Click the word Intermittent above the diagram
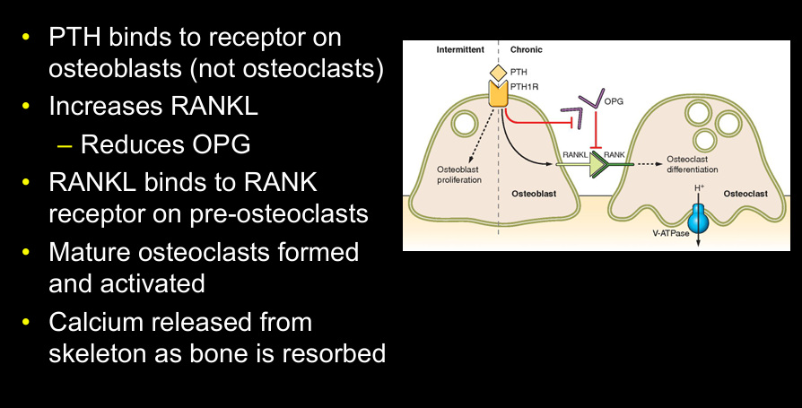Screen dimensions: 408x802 (458, 50)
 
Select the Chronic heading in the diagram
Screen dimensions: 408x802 (526, 50)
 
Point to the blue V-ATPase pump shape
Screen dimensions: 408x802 (697, 219)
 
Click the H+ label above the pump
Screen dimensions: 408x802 (698, 188)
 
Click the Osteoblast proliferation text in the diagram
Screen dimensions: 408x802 (459, 174)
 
